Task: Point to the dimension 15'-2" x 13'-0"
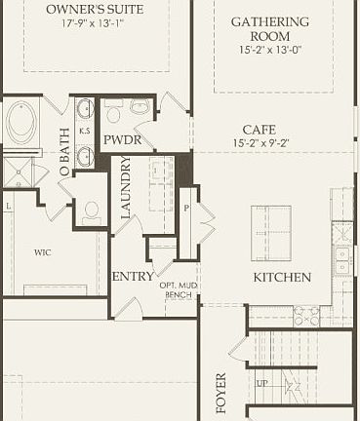click(269, 56)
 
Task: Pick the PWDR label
click(122, 140)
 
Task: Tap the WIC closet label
click(43, 251)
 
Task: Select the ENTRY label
click(132, 277)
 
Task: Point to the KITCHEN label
click(282, 278)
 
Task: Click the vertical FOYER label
click(220, 391)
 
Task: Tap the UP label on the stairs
click(261, 383)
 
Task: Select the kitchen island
click(274, 231)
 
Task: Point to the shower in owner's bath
click(19, 173)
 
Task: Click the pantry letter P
click(186, 209)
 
